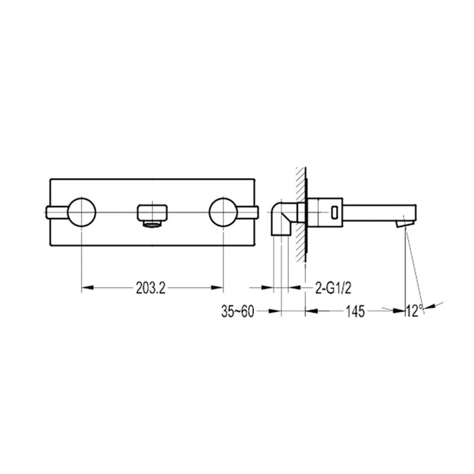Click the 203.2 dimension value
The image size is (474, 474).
point(151,288)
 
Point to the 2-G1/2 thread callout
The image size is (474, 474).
point(332,288)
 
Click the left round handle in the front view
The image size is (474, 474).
point(81,213)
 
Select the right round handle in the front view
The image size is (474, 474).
point(223,213)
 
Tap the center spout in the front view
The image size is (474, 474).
point(152,209)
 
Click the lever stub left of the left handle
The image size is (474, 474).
point(56,213)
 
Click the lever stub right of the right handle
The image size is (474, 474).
point(249,213)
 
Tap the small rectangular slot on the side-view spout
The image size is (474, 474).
point(333,212)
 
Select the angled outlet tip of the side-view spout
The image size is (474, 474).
point(404,220)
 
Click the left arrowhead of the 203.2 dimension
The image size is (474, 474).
point(85,288)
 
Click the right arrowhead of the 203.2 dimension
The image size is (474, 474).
point(219,288)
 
